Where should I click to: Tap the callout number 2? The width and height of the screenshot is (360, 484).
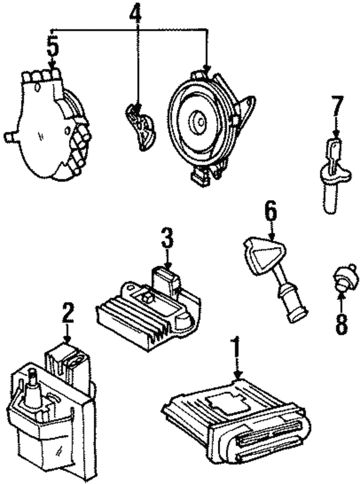tap(68, 314)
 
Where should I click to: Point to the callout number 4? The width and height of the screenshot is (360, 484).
tap(136, 13)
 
